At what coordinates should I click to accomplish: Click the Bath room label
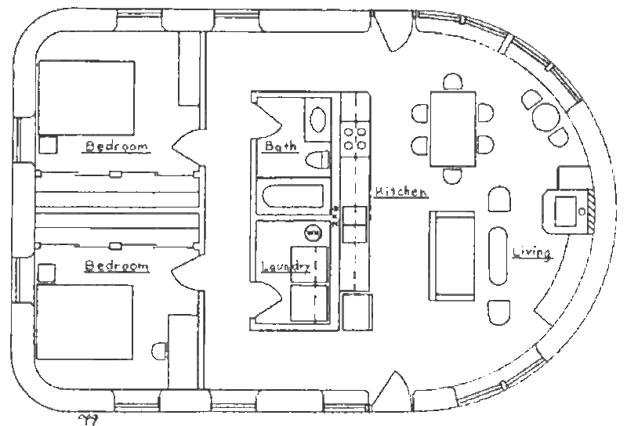pyautogui.click(x=281, y=146)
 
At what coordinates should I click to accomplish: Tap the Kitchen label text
pyautogui.click(x=400, y=191)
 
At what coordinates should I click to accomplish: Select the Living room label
pyautogui.click(x=532, y=253)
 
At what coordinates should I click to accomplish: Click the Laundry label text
pyautogui.click(x=286, y=266)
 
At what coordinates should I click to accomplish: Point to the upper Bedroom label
pyautogui.click(x=116, y=146)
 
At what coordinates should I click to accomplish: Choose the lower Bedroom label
pyautogui.click(x=116, y=265)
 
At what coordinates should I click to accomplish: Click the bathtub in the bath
pyautogui.click(x=292, y=196)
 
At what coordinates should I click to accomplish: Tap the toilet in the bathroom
pyautogui.click(x=319, y=160)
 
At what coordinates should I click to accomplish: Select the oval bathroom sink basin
pyautogui.click(x=318, y=119)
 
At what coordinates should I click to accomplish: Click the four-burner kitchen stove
pyautogui.click(x=355, y=138)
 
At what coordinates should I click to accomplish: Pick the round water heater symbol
pyautogui.click(x=313, y=233)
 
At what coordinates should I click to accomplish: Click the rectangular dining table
pyautogui.click(x=453, y=128)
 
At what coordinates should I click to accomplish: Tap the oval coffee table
pyautogui.click(x=498, y=256)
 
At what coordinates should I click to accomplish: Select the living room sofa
pyautogui.click(x=452, y=256)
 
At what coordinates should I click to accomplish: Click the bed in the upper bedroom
pyautogui.click(x=86, y=98)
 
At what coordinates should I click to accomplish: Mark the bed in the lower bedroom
pyautogui.click(x=85, y=322)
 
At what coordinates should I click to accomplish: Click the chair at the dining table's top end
pyautogui.click(x=453, y=81)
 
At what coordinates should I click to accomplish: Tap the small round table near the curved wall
pyautogui.click(x=545, y=117)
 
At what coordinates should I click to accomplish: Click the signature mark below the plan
pyautogui.click(x=89, y=420)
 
